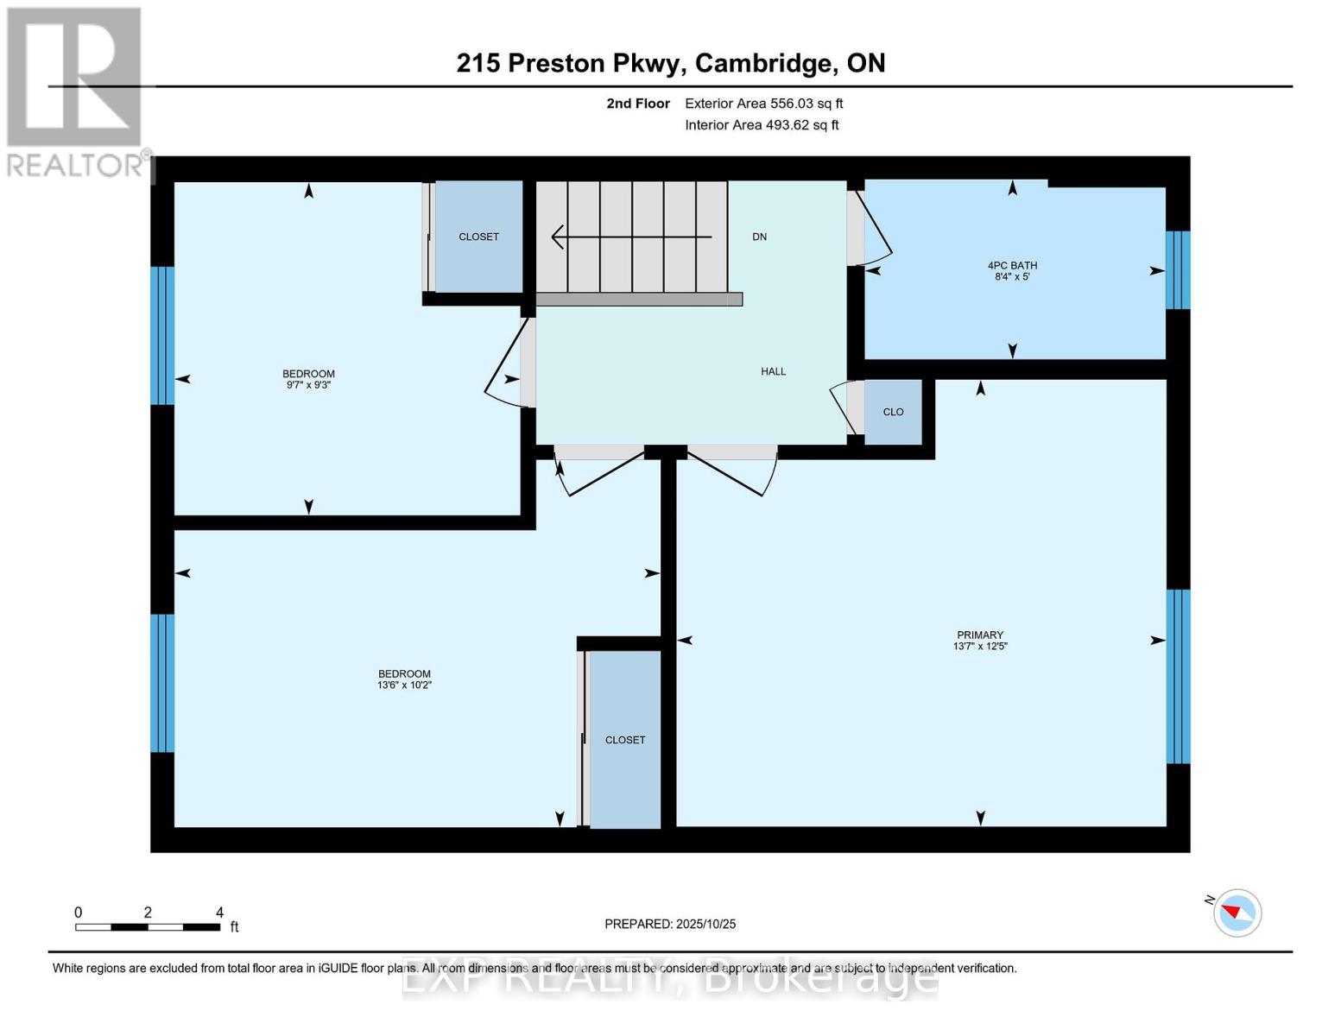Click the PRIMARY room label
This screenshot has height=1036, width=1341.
point(979,635)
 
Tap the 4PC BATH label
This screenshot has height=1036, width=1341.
point(1012,266)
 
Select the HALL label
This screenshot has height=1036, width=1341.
point(773,371)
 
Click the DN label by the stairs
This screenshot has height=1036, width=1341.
point(759,237)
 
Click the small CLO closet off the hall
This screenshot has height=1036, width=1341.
point(893,412)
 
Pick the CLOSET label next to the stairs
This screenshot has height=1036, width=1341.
point(478,237)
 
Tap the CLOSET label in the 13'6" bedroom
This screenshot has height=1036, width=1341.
point(625,740)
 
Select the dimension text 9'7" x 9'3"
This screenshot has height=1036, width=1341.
point(308,385)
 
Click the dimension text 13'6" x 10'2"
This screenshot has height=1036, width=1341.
point(404,685)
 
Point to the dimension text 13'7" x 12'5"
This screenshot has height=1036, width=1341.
point(979,646)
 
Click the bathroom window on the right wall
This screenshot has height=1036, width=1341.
point(1178,269)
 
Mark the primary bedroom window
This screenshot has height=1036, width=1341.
point(1178,676)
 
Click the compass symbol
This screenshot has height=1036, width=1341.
point(1237,913)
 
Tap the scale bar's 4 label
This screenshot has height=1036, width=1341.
point(219,913)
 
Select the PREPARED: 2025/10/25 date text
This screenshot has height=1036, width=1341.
point(670,924)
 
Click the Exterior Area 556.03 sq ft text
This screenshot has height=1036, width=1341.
point(763,104)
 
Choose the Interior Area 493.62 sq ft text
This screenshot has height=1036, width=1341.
point(762,125)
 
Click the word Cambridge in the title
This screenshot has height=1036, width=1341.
point(765,63)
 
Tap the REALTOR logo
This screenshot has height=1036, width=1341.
point(76,92)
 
